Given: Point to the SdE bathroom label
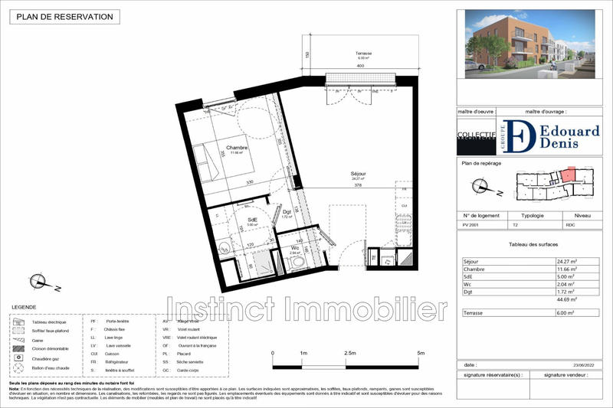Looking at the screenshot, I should pos(251,220).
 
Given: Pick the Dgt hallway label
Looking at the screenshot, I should pos(287,212).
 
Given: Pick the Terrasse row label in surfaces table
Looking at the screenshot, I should pos(474,313).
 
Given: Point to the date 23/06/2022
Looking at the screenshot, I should pos(582,365).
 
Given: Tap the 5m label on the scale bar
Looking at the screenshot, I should pos(421,354).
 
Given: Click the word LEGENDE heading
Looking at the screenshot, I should pos(23,307).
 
